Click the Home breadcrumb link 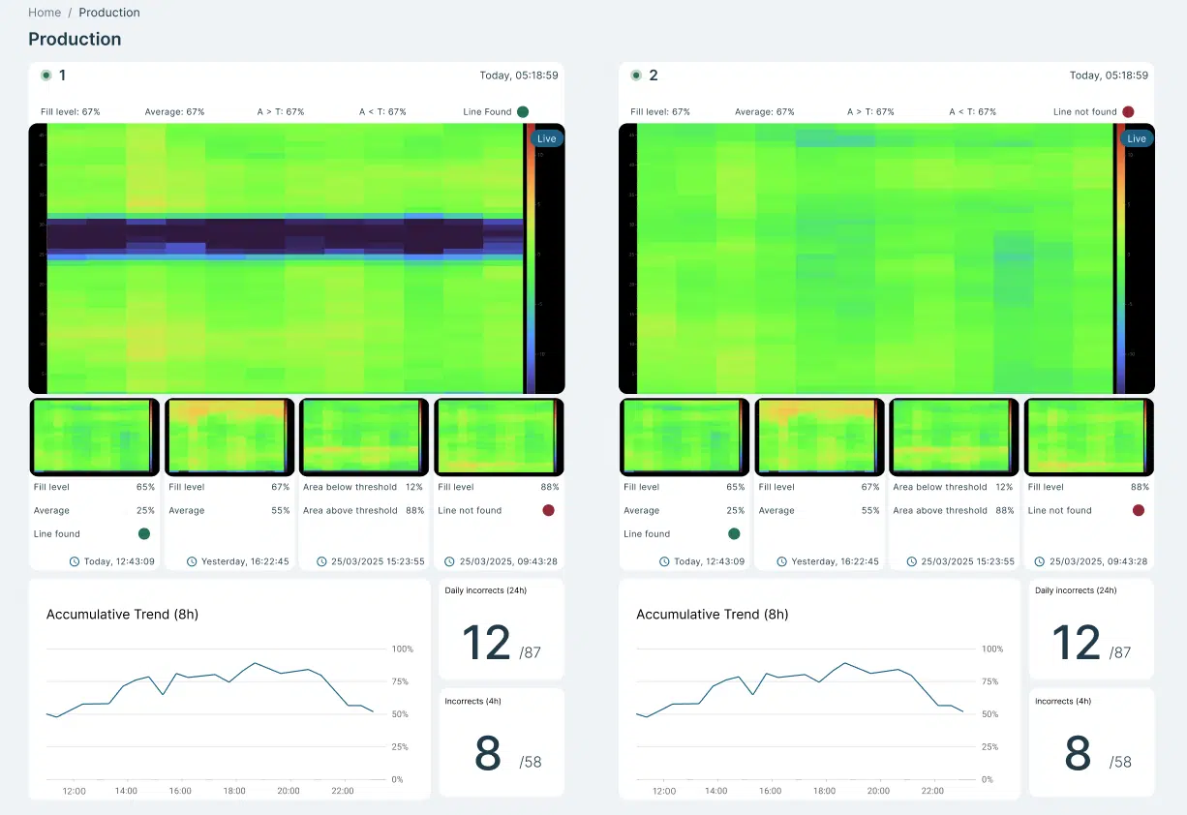coord(45,13)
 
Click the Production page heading coord(75,40)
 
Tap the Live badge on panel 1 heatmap coord(546,138)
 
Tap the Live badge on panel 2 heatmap coord(1136,138)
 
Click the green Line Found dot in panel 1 coord(523,112)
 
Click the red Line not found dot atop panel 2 coord(1128,112)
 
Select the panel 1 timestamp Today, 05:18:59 coord(519,75)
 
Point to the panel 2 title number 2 coord(653,75)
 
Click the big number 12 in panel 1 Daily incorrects coord(486,643)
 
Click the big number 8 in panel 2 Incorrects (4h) coord(1077,753)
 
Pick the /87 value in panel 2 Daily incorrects coord(1120,652)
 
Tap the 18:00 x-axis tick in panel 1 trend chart coord(234,791)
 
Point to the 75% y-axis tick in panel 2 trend coord(989,681)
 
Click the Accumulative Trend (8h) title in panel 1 coord(122,615)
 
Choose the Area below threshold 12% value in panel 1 coord(414,487)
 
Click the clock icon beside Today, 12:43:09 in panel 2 coord(664,561)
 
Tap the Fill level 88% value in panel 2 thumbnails coord(1140,487)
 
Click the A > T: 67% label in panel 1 coord(281,112)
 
